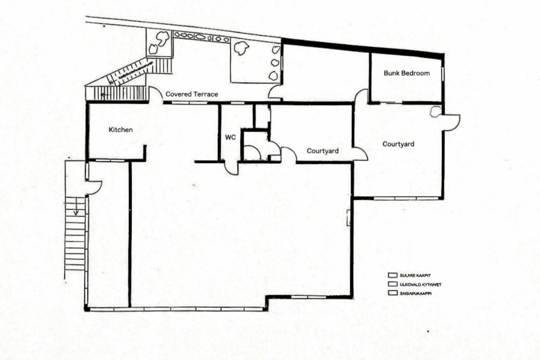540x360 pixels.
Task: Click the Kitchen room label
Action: click(121, 130)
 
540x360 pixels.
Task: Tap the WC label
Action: click(230, 137)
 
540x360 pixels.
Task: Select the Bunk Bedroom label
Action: click(407, 73)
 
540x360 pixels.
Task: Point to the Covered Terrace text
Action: click(191, 94)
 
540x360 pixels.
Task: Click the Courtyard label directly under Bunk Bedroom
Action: click(398, 144)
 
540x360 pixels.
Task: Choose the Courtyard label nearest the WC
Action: click(323, 151)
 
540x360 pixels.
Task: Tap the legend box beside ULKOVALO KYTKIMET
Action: click(392, 284)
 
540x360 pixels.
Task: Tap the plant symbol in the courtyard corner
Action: click(435, 112)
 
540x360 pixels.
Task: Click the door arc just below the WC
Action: click(231, 168)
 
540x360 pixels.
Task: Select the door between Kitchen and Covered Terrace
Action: click(155, 95)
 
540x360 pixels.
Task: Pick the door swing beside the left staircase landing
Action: click(93, 187)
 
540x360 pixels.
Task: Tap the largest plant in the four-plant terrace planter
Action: click(242, 48)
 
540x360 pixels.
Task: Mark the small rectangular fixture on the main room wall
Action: click(348, 218)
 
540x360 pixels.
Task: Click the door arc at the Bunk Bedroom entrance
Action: click(361, 96)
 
